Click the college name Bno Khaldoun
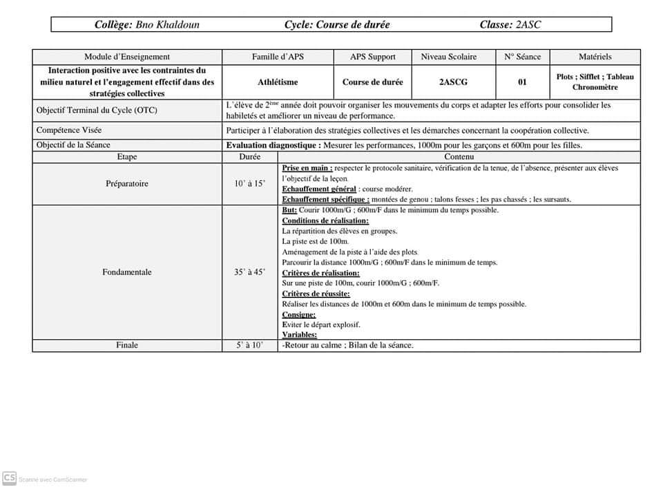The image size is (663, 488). [x=168, y=25]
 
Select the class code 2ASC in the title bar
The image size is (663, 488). [x=528, y=25]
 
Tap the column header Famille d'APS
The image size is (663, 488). [x=278, y=57]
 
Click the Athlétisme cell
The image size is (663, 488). [x=278, y=82]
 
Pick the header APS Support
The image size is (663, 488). [x=373, y=57]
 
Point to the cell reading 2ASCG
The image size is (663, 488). [x=453, y=82]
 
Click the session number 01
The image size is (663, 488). [x=522, y=82]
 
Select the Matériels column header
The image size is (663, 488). [x=595, y=57]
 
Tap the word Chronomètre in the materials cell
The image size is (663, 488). [x=595, y=87]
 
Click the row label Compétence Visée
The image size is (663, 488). [x=68, y=130]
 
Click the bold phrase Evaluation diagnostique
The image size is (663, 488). [x=273, y=145]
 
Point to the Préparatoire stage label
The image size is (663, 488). [x=127, y=184]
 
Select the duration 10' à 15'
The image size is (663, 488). [x=249, y=184]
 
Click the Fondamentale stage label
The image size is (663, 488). [x=127, y=272]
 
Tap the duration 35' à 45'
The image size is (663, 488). [x=249, y=272]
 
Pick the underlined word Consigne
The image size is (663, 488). [x=298, y=315]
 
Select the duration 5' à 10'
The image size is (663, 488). [x=249, y=345]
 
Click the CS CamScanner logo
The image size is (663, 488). [x=9, y=478]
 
